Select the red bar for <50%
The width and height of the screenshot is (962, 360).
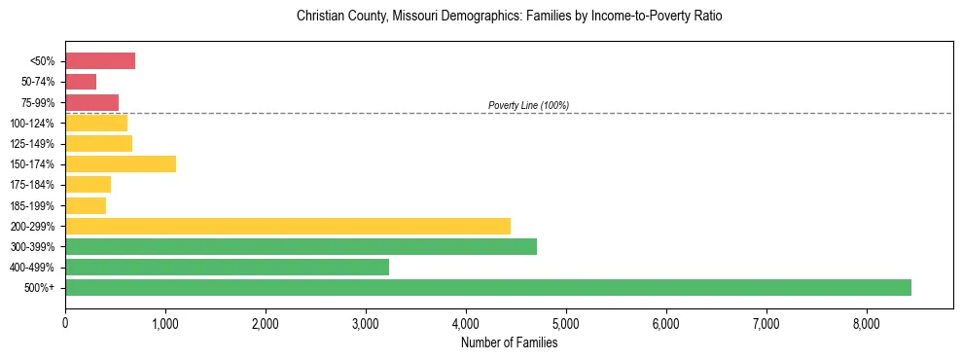pyautogui.click(x=100, y=61)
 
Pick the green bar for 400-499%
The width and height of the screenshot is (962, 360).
pyautogui.click(x=227, y=267)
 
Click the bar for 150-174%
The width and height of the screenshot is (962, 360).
pyautogui.click(x=121, y=163)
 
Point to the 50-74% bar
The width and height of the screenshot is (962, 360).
pyautogui.click(x=81, y=82)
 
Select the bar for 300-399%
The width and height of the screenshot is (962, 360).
pyautogui.click(x=301, y=246)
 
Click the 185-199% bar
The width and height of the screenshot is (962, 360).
pyautogui.click(x=86, y=205)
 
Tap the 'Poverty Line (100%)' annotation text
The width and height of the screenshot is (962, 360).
pyautogui.click(x=528, y=105)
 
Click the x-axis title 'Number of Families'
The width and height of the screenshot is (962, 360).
pyautogui.click(x=509, y=342)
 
